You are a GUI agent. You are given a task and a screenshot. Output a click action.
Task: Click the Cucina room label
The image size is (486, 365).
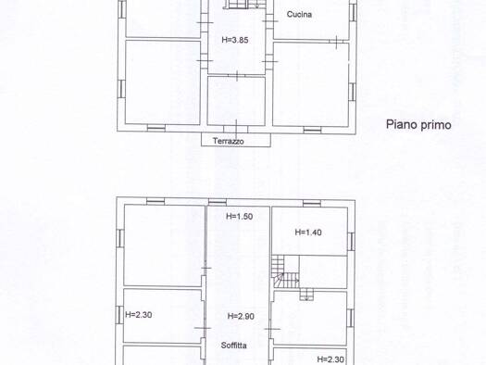(299, 14)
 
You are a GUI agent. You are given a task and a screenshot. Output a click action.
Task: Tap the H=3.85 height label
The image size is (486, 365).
(235, 40)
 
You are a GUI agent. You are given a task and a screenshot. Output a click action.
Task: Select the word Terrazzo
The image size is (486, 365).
(229, 141)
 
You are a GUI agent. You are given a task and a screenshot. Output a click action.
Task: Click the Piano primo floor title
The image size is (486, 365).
(418, 125)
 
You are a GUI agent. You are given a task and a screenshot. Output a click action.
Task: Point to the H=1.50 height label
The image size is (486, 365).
(239, 216)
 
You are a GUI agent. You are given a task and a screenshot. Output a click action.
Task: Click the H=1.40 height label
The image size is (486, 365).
(308, 232)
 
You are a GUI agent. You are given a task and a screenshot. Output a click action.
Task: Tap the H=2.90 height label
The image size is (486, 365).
(241, 316)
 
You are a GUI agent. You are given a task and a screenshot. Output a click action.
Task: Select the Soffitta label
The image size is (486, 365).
(233, 346)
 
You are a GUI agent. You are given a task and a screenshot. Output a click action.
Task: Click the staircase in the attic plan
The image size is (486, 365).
(285, 272)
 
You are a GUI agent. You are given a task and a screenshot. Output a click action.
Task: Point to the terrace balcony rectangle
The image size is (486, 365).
(236, 140)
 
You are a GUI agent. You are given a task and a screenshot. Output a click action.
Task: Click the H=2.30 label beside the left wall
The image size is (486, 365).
(139, 315)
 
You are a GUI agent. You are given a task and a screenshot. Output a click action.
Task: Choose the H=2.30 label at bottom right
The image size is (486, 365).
(330, 359)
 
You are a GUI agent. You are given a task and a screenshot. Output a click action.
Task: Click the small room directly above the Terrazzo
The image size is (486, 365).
(236, 101)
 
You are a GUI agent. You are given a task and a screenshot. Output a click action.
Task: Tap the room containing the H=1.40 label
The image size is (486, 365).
(309, 232)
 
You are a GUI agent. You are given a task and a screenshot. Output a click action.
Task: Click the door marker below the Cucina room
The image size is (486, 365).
(337, 42)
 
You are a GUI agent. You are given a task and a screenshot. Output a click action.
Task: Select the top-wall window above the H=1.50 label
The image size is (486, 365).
(218, 202)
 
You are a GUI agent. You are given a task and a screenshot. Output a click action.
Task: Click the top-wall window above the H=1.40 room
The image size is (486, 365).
(312, 204)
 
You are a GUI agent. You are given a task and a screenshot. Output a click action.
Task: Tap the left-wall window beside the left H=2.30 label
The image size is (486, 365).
(119, 314)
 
